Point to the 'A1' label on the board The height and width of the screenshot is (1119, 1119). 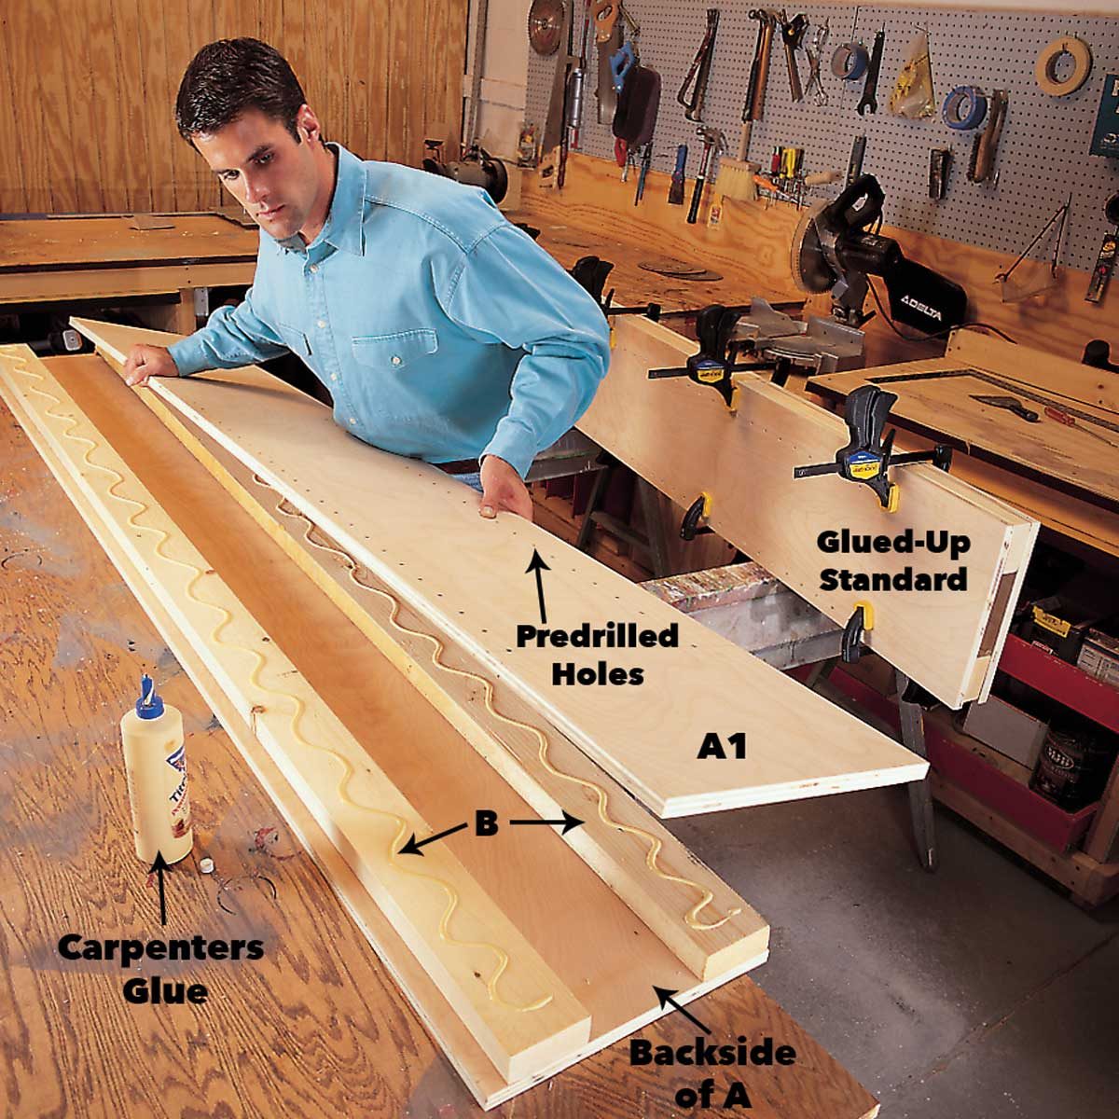pyautogui.click(x=722, y=746)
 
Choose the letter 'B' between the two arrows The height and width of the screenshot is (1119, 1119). pyautogui.click(x=486, y=825)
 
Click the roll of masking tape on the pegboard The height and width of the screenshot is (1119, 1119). pyautogui.click(x=1063, y=65)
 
